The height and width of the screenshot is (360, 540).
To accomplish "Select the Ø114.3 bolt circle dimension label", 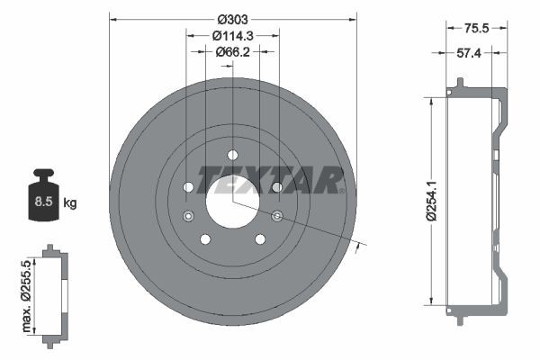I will point(232,35).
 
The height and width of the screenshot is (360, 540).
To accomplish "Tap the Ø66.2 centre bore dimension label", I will point(232,52).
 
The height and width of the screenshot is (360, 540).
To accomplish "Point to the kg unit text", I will point(70,203).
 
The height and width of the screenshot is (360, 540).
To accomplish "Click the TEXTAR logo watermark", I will point(271,179).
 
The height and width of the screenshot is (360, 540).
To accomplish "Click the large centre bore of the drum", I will point(232,201).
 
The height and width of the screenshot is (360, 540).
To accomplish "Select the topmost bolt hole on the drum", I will point(232,154).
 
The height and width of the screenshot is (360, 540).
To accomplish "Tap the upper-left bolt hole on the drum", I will point(188,187).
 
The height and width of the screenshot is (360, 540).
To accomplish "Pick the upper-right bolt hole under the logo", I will point(277,187).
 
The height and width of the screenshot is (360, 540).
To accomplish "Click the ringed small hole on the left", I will point(188,216).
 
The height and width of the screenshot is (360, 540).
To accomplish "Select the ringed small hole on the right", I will point(277,215).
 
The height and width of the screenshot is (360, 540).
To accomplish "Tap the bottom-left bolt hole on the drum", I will point(205,238).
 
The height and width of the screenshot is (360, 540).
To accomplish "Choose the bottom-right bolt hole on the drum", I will point(260,238).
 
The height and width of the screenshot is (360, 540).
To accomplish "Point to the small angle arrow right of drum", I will point(362,246).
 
